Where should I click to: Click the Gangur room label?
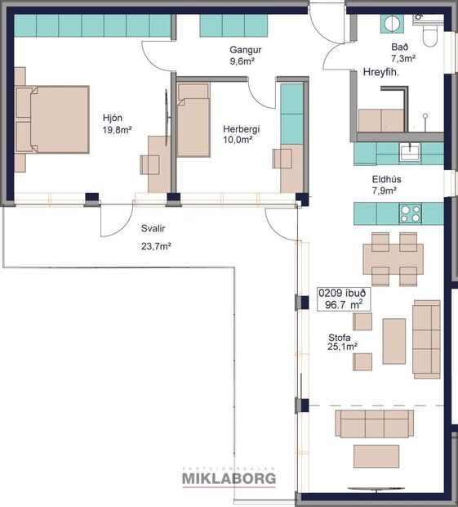pos(245,49)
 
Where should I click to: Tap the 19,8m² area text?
pos(117,129)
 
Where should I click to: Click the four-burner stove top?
pos(410,213)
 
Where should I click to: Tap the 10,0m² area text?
pos(238,140)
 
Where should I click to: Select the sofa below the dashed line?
pos(375,424)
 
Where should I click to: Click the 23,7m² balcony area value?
pos(155,245)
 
